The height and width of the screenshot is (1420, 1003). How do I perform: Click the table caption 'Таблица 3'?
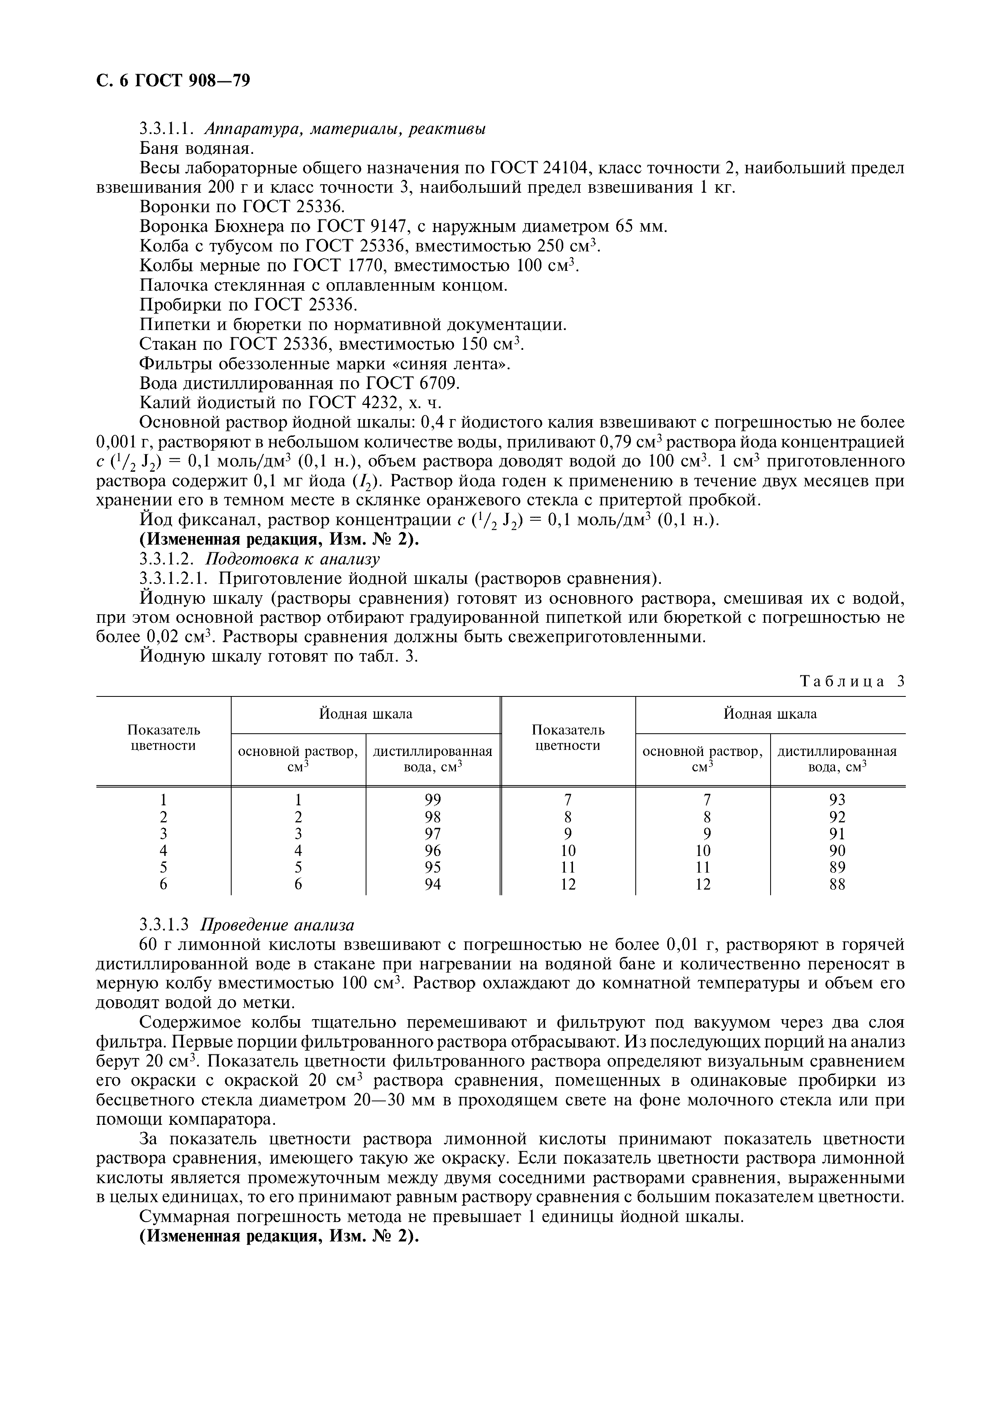tap(852, 681)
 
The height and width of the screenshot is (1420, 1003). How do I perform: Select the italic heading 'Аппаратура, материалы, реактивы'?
tap(345, 129)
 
